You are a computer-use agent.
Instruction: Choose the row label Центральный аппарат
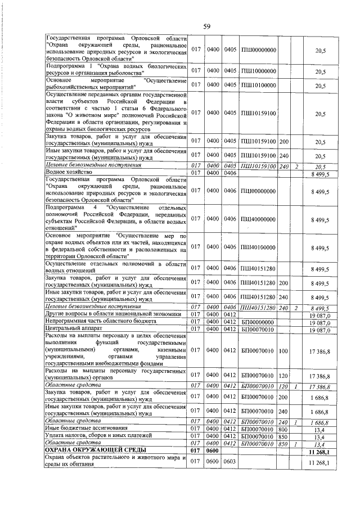pyautogui.click(x=68, y=330)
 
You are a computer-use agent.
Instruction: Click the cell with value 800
pyautogui.click(x=283, y=429)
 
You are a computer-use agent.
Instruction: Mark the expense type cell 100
pyautogui.click(x=283, y=352)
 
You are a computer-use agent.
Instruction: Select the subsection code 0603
pyautogui.click(x=229, y=462)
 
